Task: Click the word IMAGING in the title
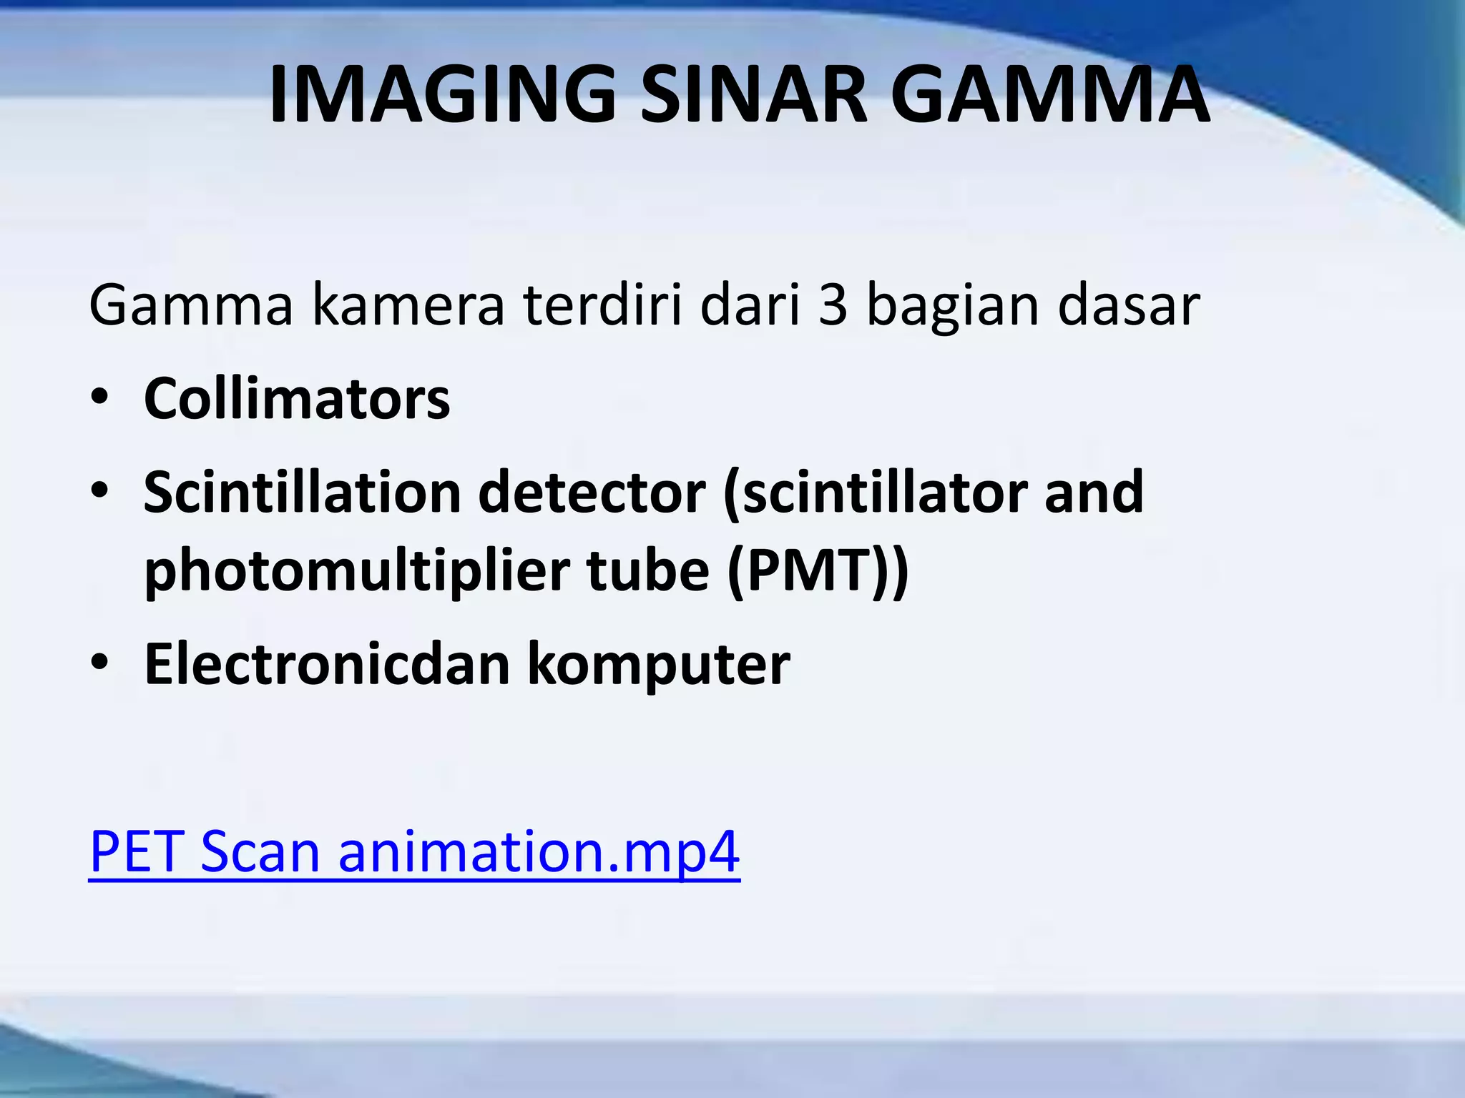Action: tap(442, 94)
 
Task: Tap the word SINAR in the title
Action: tap(753, 94)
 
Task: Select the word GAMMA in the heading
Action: tap(1051, 94)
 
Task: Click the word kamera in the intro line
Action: tap(408, 305)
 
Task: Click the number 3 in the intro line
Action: tap(833, 305)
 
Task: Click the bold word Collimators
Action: tap(297, 398)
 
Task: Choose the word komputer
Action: tap(660, 666)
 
